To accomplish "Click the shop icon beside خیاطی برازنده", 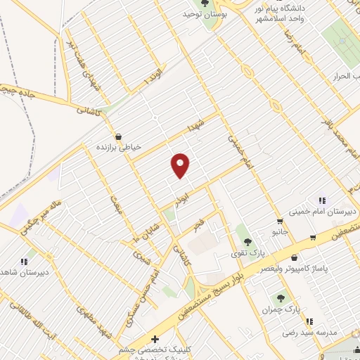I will [117, 136].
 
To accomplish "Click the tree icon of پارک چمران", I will [282, 298].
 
